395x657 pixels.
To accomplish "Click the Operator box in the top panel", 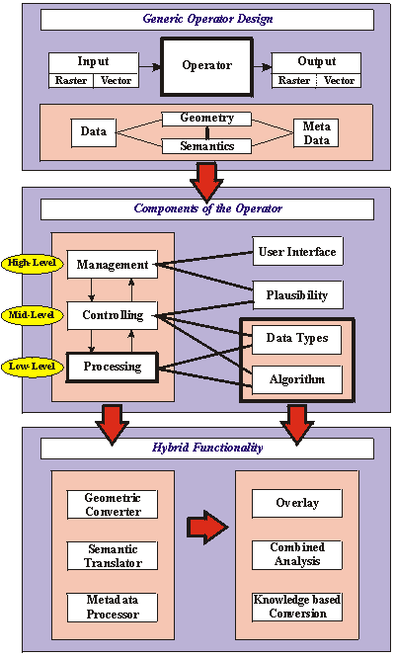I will point(206,66).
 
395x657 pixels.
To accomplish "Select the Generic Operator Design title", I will point(206,20).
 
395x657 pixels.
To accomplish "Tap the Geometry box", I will point(206,118).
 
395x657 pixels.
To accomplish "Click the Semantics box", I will point(206,145).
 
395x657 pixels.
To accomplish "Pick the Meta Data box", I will point(320,131).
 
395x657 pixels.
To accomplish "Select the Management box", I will point(112,264).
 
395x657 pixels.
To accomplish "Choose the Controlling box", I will point(112,315).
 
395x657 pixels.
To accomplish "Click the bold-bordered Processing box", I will point(112,367).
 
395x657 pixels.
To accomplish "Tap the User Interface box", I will point(297,252).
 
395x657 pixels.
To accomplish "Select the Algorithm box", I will point(297,378).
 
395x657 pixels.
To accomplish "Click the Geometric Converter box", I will point(112,504).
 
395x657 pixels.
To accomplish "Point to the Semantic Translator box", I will point(112,555).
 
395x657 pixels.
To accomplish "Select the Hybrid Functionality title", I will point(206,449).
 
